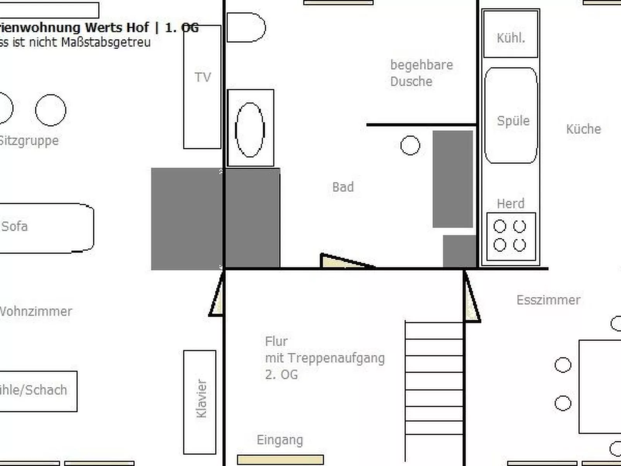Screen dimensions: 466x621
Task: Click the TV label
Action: coord(203,77)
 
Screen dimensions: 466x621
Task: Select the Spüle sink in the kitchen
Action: coord(511,116)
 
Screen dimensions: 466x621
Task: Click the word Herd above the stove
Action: coord(510,203)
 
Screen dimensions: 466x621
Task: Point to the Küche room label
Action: coord(583,129)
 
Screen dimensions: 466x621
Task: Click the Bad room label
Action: coord(343,187)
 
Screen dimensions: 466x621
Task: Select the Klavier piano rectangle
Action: coord(200,402)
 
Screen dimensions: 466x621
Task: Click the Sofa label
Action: coord(15,226)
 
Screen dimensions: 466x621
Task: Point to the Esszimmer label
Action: coord(548,300)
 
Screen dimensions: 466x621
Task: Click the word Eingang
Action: coord(280,440)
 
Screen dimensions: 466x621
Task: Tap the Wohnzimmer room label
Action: coord(36,311)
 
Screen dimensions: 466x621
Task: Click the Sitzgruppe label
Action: coord(29,140)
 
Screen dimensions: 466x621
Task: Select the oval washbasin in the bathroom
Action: coord(250,130)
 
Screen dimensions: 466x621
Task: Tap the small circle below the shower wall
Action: coord(410,145)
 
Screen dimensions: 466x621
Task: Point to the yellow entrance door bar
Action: coord(280,459)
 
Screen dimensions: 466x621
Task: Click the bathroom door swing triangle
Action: coord(340,261)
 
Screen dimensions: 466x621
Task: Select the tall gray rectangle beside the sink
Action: coord(452,179)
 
